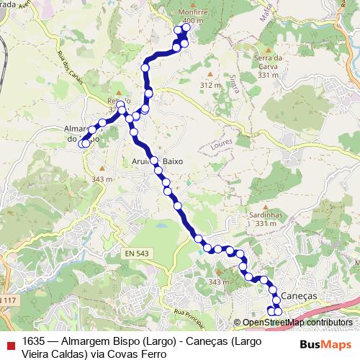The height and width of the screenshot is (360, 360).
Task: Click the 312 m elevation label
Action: [x=210, y=85]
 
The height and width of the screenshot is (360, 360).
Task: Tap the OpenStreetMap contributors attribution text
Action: [x=297, y=323]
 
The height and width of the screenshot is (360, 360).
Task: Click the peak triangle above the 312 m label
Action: [x=210, y=73]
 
